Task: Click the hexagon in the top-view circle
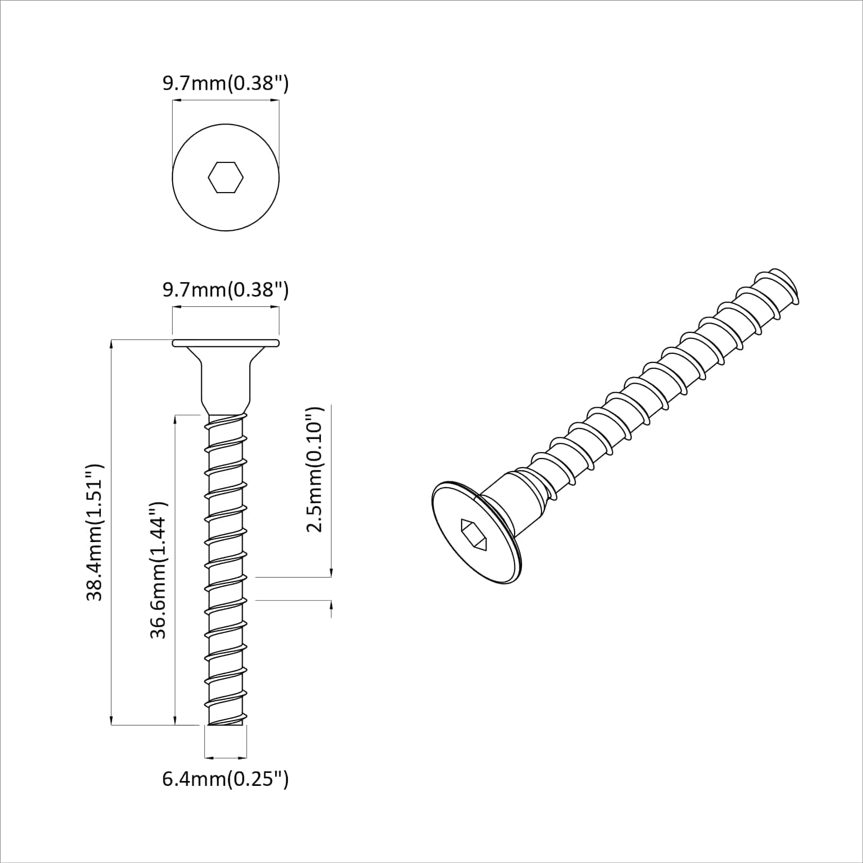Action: coord(225,177)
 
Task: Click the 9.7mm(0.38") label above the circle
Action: coord(225,84)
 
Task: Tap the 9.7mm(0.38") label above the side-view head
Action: coord(225,290)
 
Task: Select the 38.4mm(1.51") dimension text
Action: coord(95,532)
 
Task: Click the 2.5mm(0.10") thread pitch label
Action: coord(314,469)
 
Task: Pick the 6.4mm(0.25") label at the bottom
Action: coord(225,779)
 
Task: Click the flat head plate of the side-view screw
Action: coord(225,343)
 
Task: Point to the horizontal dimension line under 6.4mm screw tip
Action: coord(226,757)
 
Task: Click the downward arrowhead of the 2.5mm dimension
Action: coord(331,572)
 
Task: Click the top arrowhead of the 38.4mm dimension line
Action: coord(111,344)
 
